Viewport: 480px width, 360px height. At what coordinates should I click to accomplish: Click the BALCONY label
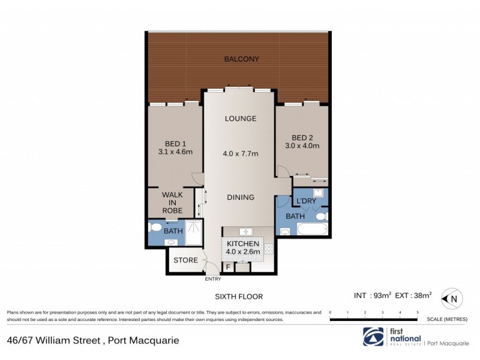coord(241,59)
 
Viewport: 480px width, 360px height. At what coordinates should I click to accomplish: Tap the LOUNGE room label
coord(241,118)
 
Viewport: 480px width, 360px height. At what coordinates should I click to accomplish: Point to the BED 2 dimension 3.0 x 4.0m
coord(302,145)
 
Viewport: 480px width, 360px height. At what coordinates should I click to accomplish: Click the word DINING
coord(240,197)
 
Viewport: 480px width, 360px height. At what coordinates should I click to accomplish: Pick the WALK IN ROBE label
coord(172,202)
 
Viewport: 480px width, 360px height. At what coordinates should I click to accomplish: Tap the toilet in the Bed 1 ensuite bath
coord(156,228)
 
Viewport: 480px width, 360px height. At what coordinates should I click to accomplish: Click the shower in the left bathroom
coord(193,233)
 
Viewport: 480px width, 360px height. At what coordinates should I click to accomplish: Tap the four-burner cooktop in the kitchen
coord(268,248)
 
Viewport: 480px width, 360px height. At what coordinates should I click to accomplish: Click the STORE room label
coord(185,260)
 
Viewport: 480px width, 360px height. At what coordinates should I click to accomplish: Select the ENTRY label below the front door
coord(213,279)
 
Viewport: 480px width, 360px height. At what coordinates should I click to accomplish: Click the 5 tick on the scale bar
coord(417,313)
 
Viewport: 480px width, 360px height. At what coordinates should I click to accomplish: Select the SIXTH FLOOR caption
coord(239,296)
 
